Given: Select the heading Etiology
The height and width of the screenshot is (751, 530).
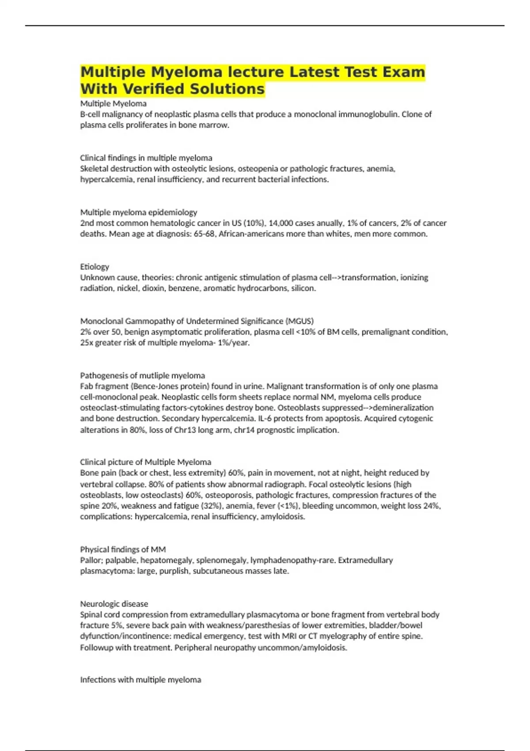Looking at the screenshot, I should (x=95, y=267).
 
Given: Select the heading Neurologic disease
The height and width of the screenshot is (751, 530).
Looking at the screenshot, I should (x=114, y=604).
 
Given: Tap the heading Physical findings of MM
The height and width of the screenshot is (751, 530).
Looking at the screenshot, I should (x=123, y=550).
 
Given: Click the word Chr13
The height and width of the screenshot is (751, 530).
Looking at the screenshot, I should (x=185, y=430).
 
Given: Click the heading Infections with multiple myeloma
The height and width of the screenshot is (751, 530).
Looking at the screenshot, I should (x=140, y=680).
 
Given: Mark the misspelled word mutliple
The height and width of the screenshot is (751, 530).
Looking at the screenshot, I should (x=154, y=375).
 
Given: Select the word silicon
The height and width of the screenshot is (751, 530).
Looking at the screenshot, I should (x=303, y=288).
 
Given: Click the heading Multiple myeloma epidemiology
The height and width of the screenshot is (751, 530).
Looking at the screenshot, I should (x=139, y=212).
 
